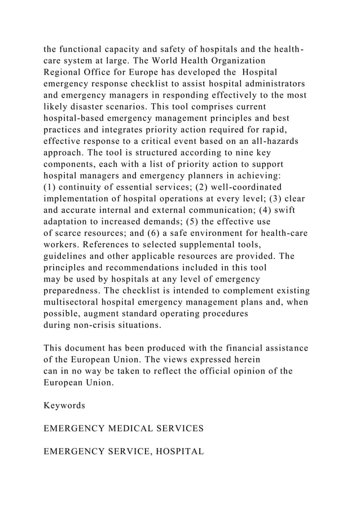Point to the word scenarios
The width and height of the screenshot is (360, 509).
coord(169,107)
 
